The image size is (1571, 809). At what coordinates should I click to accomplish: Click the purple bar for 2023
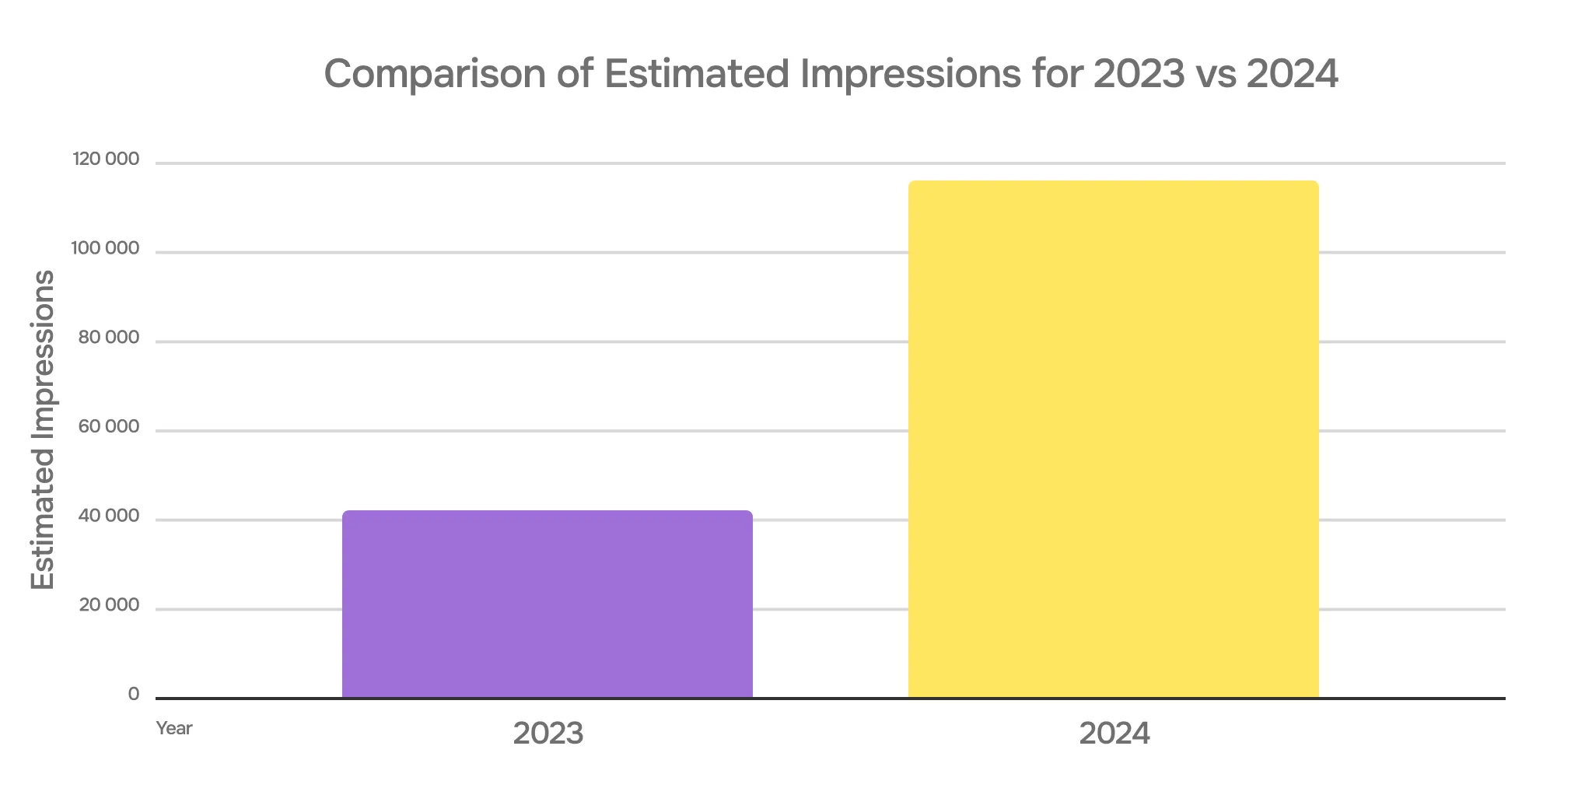tap(547, 604)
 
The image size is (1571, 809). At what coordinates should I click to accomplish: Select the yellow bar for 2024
tap(1113, 440)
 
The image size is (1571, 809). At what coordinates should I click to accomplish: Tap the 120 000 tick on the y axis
tap(106, 159)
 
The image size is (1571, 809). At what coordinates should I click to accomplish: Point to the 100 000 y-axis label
tap(105, 249)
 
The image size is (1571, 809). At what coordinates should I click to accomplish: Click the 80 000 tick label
tap(108, 338)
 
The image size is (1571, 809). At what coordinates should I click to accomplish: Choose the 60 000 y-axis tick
tap(108, 427)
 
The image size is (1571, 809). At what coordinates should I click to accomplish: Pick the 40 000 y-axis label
tap(108, 517)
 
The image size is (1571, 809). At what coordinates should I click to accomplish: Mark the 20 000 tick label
tap(108, 605)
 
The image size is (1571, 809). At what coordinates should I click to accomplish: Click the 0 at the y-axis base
tap(134, 695)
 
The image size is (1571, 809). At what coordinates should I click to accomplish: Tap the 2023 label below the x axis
tap(548, 734)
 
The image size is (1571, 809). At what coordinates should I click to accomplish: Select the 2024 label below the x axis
tap(1114, 734)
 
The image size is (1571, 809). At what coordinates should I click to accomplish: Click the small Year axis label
tap(173, 728)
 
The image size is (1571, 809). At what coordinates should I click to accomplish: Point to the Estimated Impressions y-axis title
tap(43, 429)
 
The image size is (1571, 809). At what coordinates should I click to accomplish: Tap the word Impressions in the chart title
tap(910, 74)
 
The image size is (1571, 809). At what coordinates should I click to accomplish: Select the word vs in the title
tap(1216, 74)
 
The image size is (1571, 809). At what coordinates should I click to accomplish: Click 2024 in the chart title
tap(1292, 74)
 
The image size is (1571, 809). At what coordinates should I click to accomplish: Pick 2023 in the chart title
tap(1139, 74)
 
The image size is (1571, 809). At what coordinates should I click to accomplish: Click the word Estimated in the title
tap(697, 74)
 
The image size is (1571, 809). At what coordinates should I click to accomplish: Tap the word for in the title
tap(1057, 74)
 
